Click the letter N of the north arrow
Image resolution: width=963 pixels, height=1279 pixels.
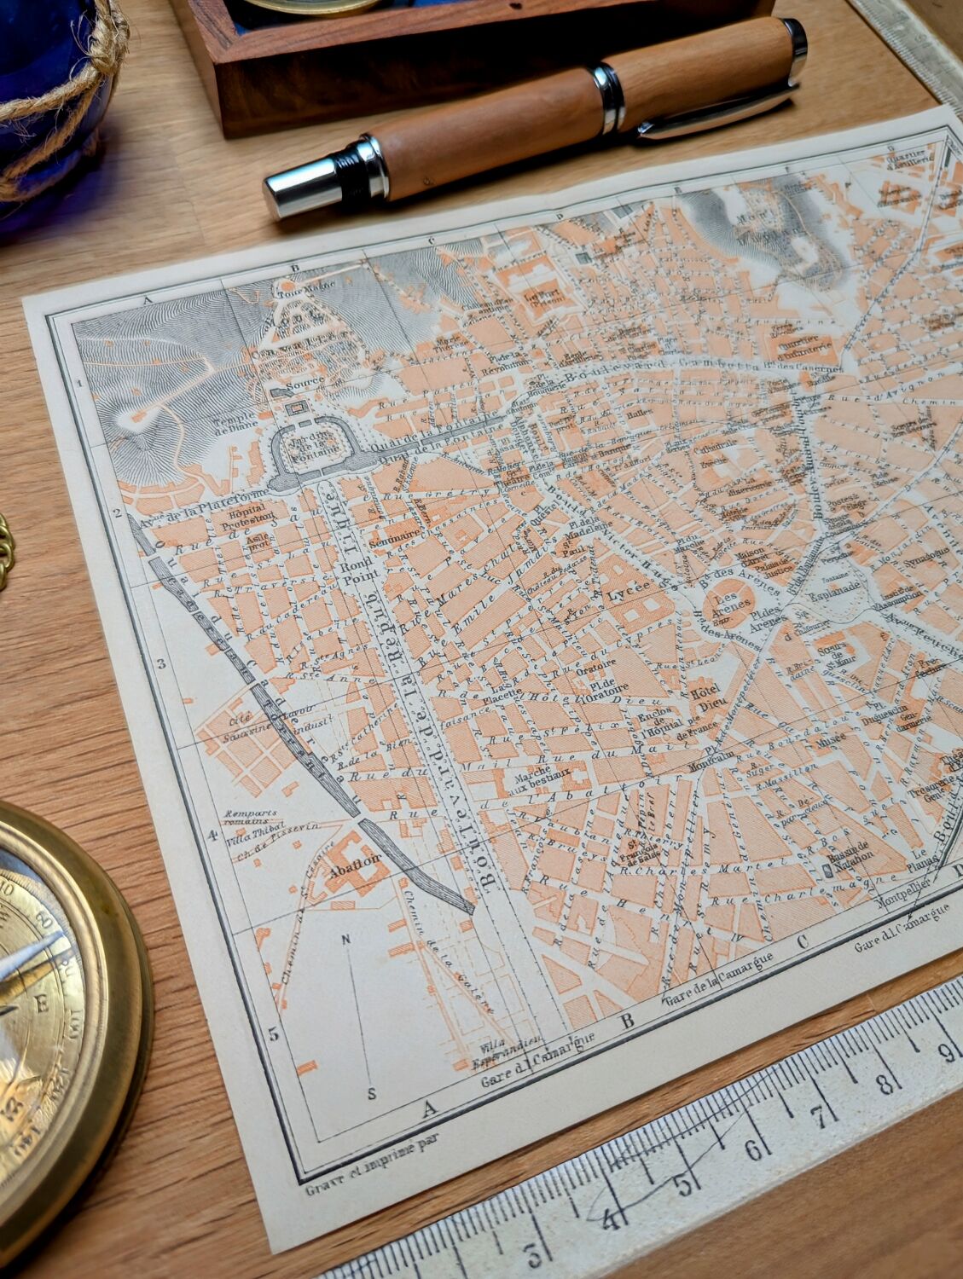click(345, 940)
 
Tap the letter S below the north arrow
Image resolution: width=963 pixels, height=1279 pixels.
click(373, 1092)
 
